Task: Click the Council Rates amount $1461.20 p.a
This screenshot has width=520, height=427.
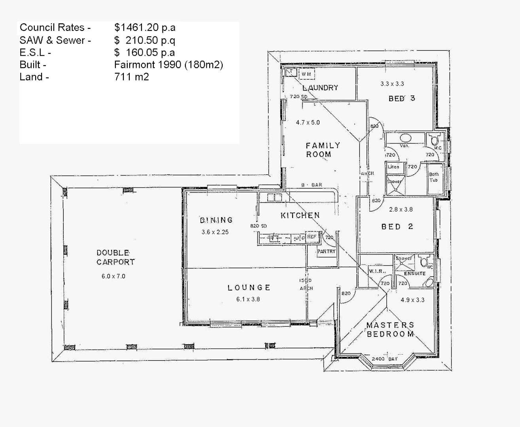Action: pyautogui.click(x=145, y=28)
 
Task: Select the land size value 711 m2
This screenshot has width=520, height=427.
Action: pyautogui.click(x=131, y=77)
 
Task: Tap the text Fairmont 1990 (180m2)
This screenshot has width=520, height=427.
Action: pyautogui.click(x=168, y=65)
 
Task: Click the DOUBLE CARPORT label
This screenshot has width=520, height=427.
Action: pyautogui.click(x=115, y=257)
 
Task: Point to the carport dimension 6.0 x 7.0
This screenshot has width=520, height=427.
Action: pyautogui.click(x=113, y=276)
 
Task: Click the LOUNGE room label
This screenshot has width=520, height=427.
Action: pyautogui.click(x=249, y=288)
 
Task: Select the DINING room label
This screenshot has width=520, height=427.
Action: pyautogui.click(x=216, y=220)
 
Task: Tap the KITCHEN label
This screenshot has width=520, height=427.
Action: pyautogui.click(x=300, y=215)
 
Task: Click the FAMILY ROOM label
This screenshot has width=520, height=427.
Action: pyautogui.click(x=323, y=150)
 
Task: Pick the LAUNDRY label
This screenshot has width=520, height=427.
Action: pyautogui.click(x=320, y=88)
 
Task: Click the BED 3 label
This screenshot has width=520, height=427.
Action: pyautogui.click(x=402, y=98)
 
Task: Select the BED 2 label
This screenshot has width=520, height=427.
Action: pyautogui.click(x=397, y=227)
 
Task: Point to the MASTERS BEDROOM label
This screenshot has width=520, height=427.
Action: pyautogui.click(x=390, y=330)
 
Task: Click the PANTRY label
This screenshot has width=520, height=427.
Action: pyautogui.click(x=326, y=251)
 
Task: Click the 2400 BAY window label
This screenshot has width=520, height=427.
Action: pyautogui.click(x=384, y=359)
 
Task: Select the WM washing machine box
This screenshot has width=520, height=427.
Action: pyautogui.click(x=306, y=74)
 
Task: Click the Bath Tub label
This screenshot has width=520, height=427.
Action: pyautogui.click(x=434, y=177)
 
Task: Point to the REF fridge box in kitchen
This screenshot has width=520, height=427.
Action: pyautogui.click(x=312, y=237)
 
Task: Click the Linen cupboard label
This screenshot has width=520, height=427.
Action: pyautogui.click(x=393, y=167)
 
